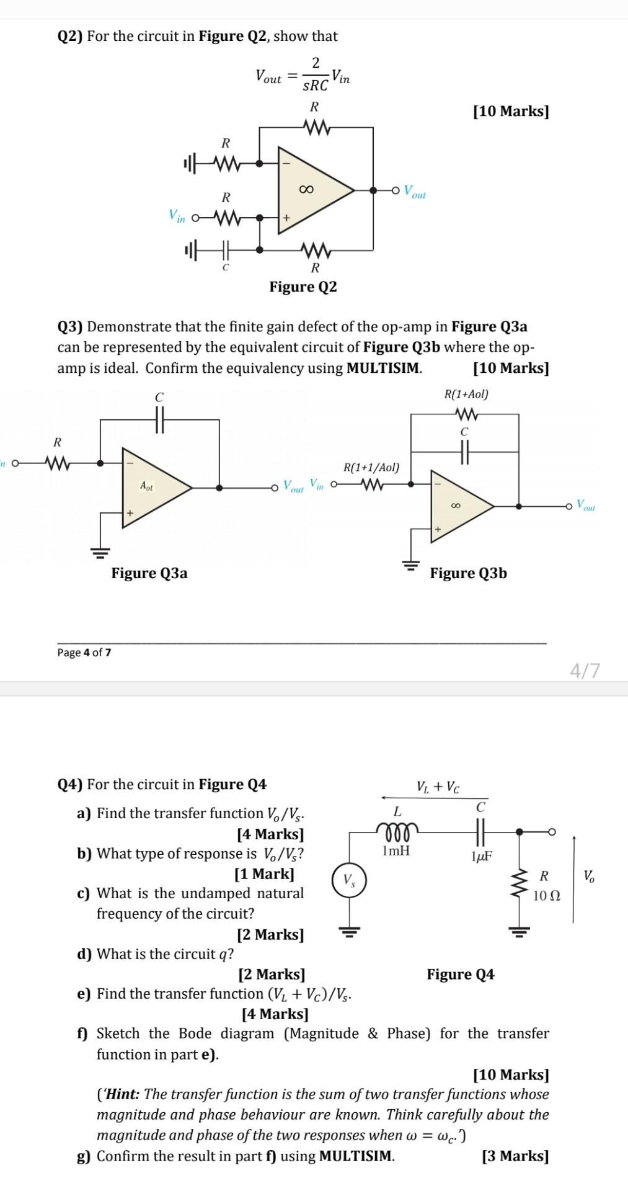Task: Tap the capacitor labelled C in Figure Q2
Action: pyautogui.click(x=226, y=249)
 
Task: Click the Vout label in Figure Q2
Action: pyautogui.click(x=414, y=191)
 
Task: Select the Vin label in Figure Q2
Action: pyautogui.click(x=177, y=216)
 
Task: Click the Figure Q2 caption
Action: pyautogui.click(x=303, y=287)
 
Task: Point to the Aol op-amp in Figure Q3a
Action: pyautogui.click(x=151, y=487)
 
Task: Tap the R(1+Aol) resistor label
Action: pyautogui.click(x=466, y=395)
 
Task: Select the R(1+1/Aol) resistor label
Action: pyautogui.click(x=371, y=467)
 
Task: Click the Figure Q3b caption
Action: pyautogui.click(x=468, y=573)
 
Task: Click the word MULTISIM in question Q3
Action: pyautogui.click(x=383, y=368)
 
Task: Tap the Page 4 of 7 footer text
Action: pyautogui.click(x=84, y=653)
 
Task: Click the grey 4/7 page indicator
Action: pyautogui.click(x=585, y=671)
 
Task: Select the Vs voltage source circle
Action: pyautogui.click(x=350, y=880)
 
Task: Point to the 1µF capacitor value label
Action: pyautogui.click(x=482, y=857)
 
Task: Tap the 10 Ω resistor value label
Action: pyautogui.click(x=546, y=896)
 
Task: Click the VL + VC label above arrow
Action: pyautogui.click(x=438, y=787)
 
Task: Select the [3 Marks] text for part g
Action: pyautogui.click(x=515, y=1156)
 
